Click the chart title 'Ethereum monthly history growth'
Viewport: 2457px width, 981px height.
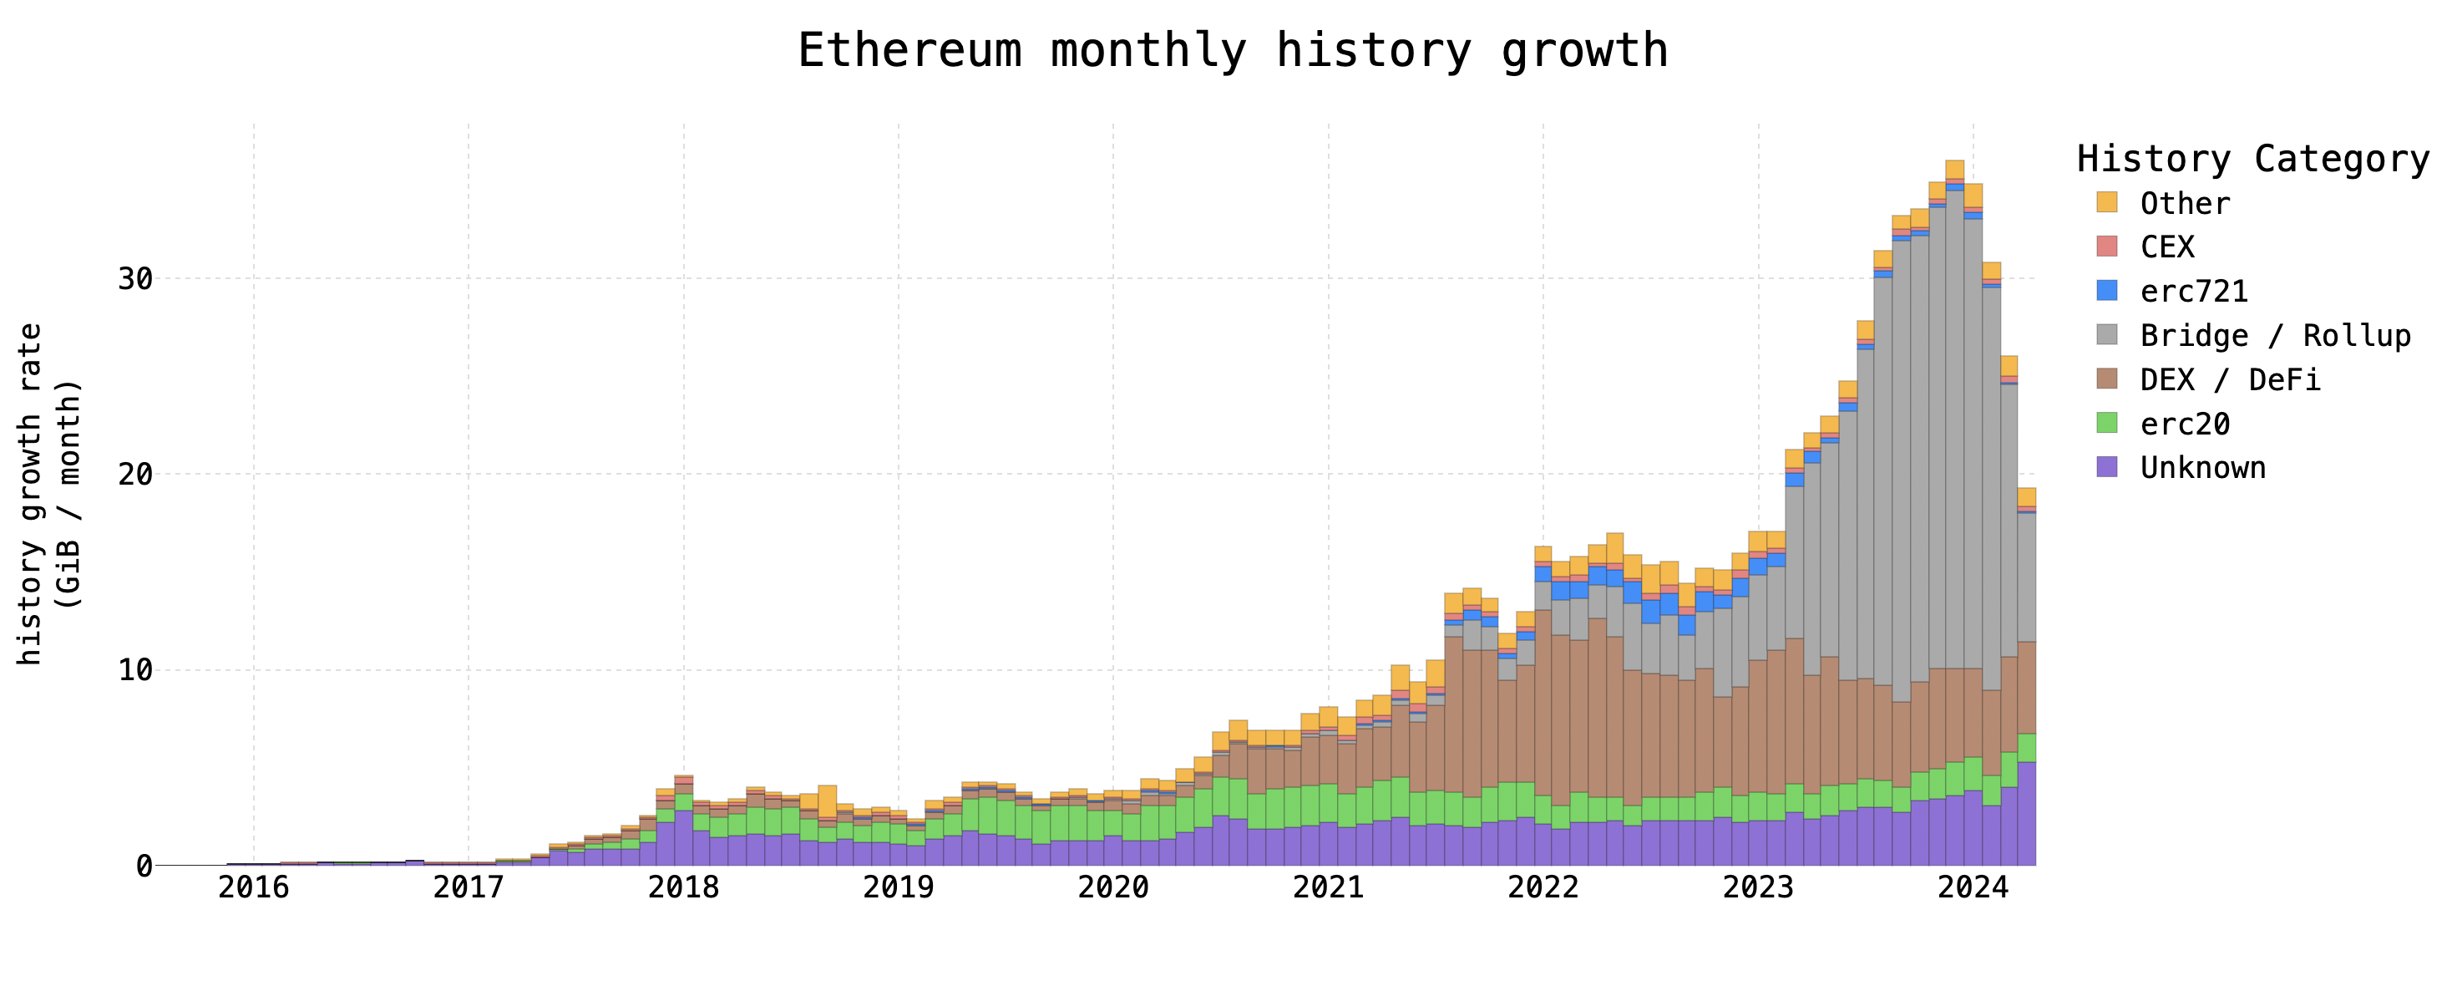click(x=1233, y=51)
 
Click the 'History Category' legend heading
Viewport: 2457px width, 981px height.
click(x=2253, y=159)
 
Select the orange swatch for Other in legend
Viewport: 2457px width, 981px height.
click(x=2107, y=202)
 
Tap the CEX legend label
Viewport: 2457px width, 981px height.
click(x=2167, y=247)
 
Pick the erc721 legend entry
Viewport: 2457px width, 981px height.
click(x=2193, y=291)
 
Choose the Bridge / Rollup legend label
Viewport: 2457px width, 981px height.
click(x=2275, y=335)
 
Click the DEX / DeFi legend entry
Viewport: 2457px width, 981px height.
click(x=2229, y=380)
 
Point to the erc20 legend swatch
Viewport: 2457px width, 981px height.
click(x=2107, y=423)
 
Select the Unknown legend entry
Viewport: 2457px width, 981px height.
click(x=2202, y=468)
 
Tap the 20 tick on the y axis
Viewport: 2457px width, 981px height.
click(x=134, y=475)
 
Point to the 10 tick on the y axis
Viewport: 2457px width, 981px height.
click(x=134, y=670)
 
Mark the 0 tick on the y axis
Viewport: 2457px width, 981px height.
click(x=144, y=866)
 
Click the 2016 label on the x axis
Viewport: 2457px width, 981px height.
click(x=254, y=887)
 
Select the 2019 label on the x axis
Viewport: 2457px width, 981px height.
click(x=899, y=887)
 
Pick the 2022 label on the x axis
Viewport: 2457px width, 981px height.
click(x=1543, y=887)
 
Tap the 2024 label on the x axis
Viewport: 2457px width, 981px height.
click(x=1973, y=887)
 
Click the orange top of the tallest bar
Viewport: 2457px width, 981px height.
click(x=1954, y=170)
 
